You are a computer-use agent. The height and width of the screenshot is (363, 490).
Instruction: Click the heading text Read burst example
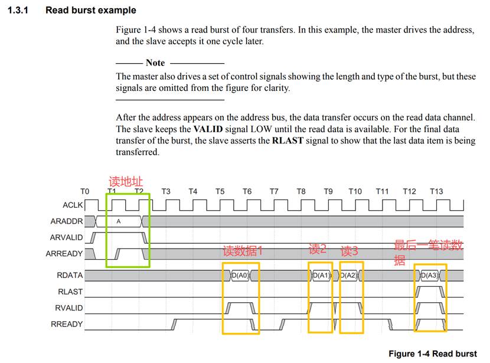90,10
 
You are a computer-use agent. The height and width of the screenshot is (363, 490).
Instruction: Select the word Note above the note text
155,63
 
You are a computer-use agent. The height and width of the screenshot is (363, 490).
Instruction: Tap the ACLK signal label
72,205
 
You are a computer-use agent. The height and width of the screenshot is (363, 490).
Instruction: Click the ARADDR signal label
67,222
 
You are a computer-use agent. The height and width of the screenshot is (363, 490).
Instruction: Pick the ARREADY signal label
65,254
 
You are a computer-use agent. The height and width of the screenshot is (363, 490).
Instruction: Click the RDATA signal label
70,275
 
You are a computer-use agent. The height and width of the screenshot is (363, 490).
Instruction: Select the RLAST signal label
70,292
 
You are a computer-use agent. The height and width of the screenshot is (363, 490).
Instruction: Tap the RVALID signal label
69,308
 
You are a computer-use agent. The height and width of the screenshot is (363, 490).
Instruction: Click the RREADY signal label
68,323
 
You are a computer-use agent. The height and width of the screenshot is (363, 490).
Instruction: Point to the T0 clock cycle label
85,191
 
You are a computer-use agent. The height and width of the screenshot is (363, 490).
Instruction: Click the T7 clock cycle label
274,191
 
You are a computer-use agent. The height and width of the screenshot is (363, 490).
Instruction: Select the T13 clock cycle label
436,191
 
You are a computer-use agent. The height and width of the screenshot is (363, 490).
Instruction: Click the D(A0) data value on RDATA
240,276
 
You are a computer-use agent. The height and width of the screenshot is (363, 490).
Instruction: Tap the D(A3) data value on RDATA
430,276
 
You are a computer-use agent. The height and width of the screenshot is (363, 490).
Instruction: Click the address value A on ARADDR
119,222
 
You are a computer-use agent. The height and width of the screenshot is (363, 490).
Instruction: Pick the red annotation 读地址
126,181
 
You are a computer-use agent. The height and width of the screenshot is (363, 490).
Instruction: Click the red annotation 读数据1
243,250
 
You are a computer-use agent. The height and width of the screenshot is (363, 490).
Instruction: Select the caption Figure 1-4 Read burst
432,354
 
